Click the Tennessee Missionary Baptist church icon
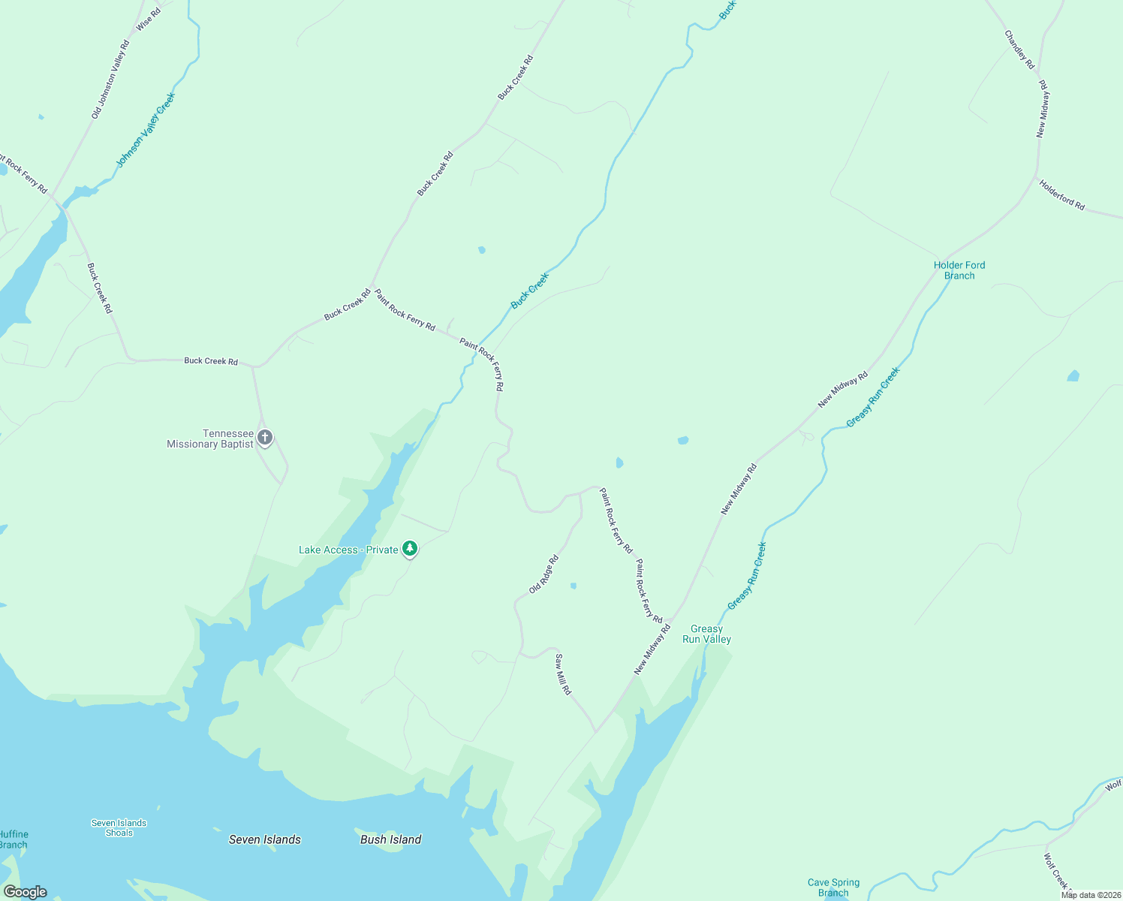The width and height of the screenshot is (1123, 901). (264, 437)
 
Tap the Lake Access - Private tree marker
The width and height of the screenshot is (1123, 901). (409, 549)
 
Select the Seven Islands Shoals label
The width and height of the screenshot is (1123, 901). (119, 827)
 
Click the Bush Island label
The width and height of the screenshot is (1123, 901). (390, 839)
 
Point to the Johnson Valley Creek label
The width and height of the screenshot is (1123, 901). (146, 130)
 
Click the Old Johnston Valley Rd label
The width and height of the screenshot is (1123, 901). (110, 80)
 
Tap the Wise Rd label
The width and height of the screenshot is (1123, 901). (148, 19)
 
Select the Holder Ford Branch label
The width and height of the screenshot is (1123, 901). (959, 270)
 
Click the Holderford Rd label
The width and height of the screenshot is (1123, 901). (1061, 194)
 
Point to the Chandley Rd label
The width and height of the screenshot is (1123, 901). (1019, 50)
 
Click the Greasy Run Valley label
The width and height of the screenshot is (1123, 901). (706, 634)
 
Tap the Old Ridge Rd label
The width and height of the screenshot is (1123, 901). (543, 574)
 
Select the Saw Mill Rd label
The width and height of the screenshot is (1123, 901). (563, 673)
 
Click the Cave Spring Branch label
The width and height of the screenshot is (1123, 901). (833, 887)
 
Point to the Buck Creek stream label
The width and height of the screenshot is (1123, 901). (530, 291)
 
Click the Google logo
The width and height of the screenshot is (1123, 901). (25, 892)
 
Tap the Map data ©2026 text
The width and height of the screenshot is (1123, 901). (1090, 895)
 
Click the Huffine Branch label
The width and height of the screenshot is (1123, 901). (14, 839)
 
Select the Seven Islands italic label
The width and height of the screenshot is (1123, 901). (264, 839)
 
